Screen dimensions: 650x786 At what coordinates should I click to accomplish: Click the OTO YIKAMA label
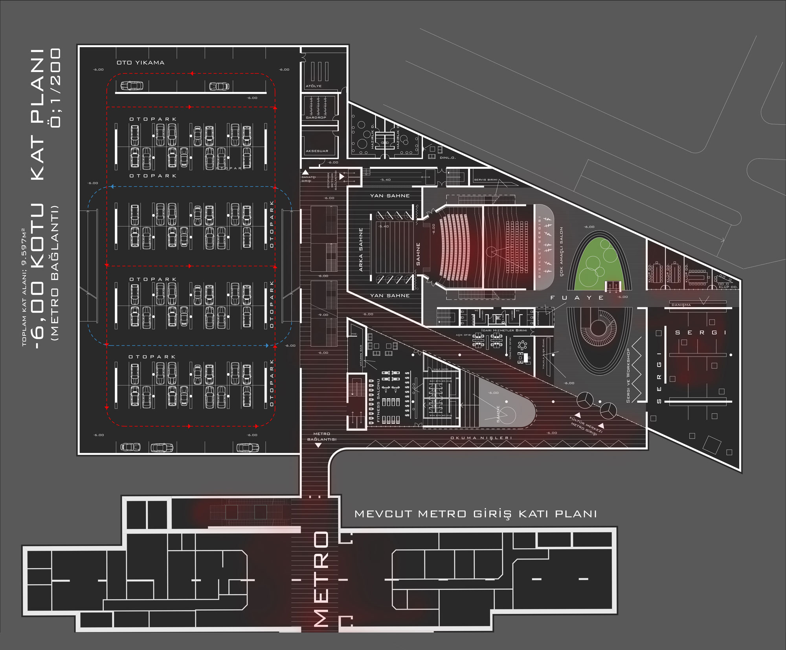coord(140,63)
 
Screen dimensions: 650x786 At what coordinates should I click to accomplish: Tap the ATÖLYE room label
coord(314,86)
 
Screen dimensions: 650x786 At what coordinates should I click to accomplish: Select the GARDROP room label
coord(316,117)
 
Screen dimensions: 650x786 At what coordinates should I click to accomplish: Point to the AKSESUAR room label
coord(317,151)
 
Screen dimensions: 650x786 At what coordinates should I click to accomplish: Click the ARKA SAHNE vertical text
coord(361,250)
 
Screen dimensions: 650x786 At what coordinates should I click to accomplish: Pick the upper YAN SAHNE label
coord(389,195)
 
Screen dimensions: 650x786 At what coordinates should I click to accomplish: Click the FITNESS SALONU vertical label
coord(378,400)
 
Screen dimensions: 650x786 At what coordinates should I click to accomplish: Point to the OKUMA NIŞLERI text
coord(481,438)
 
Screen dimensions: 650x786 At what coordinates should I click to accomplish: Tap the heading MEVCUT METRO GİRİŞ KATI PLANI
coord(476,514)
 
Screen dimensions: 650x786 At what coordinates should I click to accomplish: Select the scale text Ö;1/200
coord(55,87)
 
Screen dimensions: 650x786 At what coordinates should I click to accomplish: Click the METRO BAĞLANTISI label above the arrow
coord(321,436)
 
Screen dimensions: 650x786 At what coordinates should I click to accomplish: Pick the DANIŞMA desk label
coord(681,305)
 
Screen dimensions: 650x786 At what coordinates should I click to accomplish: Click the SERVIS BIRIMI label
coord(485,180)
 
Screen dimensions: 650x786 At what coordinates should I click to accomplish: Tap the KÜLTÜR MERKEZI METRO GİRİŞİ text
coord(586,426)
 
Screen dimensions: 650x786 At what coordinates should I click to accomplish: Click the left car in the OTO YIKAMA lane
coord(132,85)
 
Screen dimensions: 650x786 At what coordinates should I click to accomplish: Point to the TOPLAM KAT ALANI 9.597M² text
coord(24,287)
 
